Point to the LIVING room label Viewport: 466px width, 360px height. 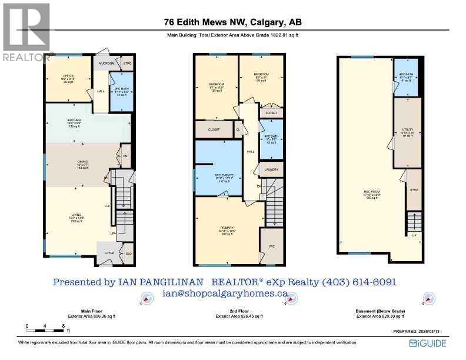[76, 215]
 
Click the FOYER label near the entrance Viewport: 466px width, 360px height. [109, 253]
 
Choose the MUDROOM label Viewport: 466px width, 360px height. [106, 62]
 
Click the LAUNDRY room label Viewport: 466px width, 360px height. [271, 170]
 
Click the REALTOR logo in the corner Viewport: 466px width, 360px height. [26, 32]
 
